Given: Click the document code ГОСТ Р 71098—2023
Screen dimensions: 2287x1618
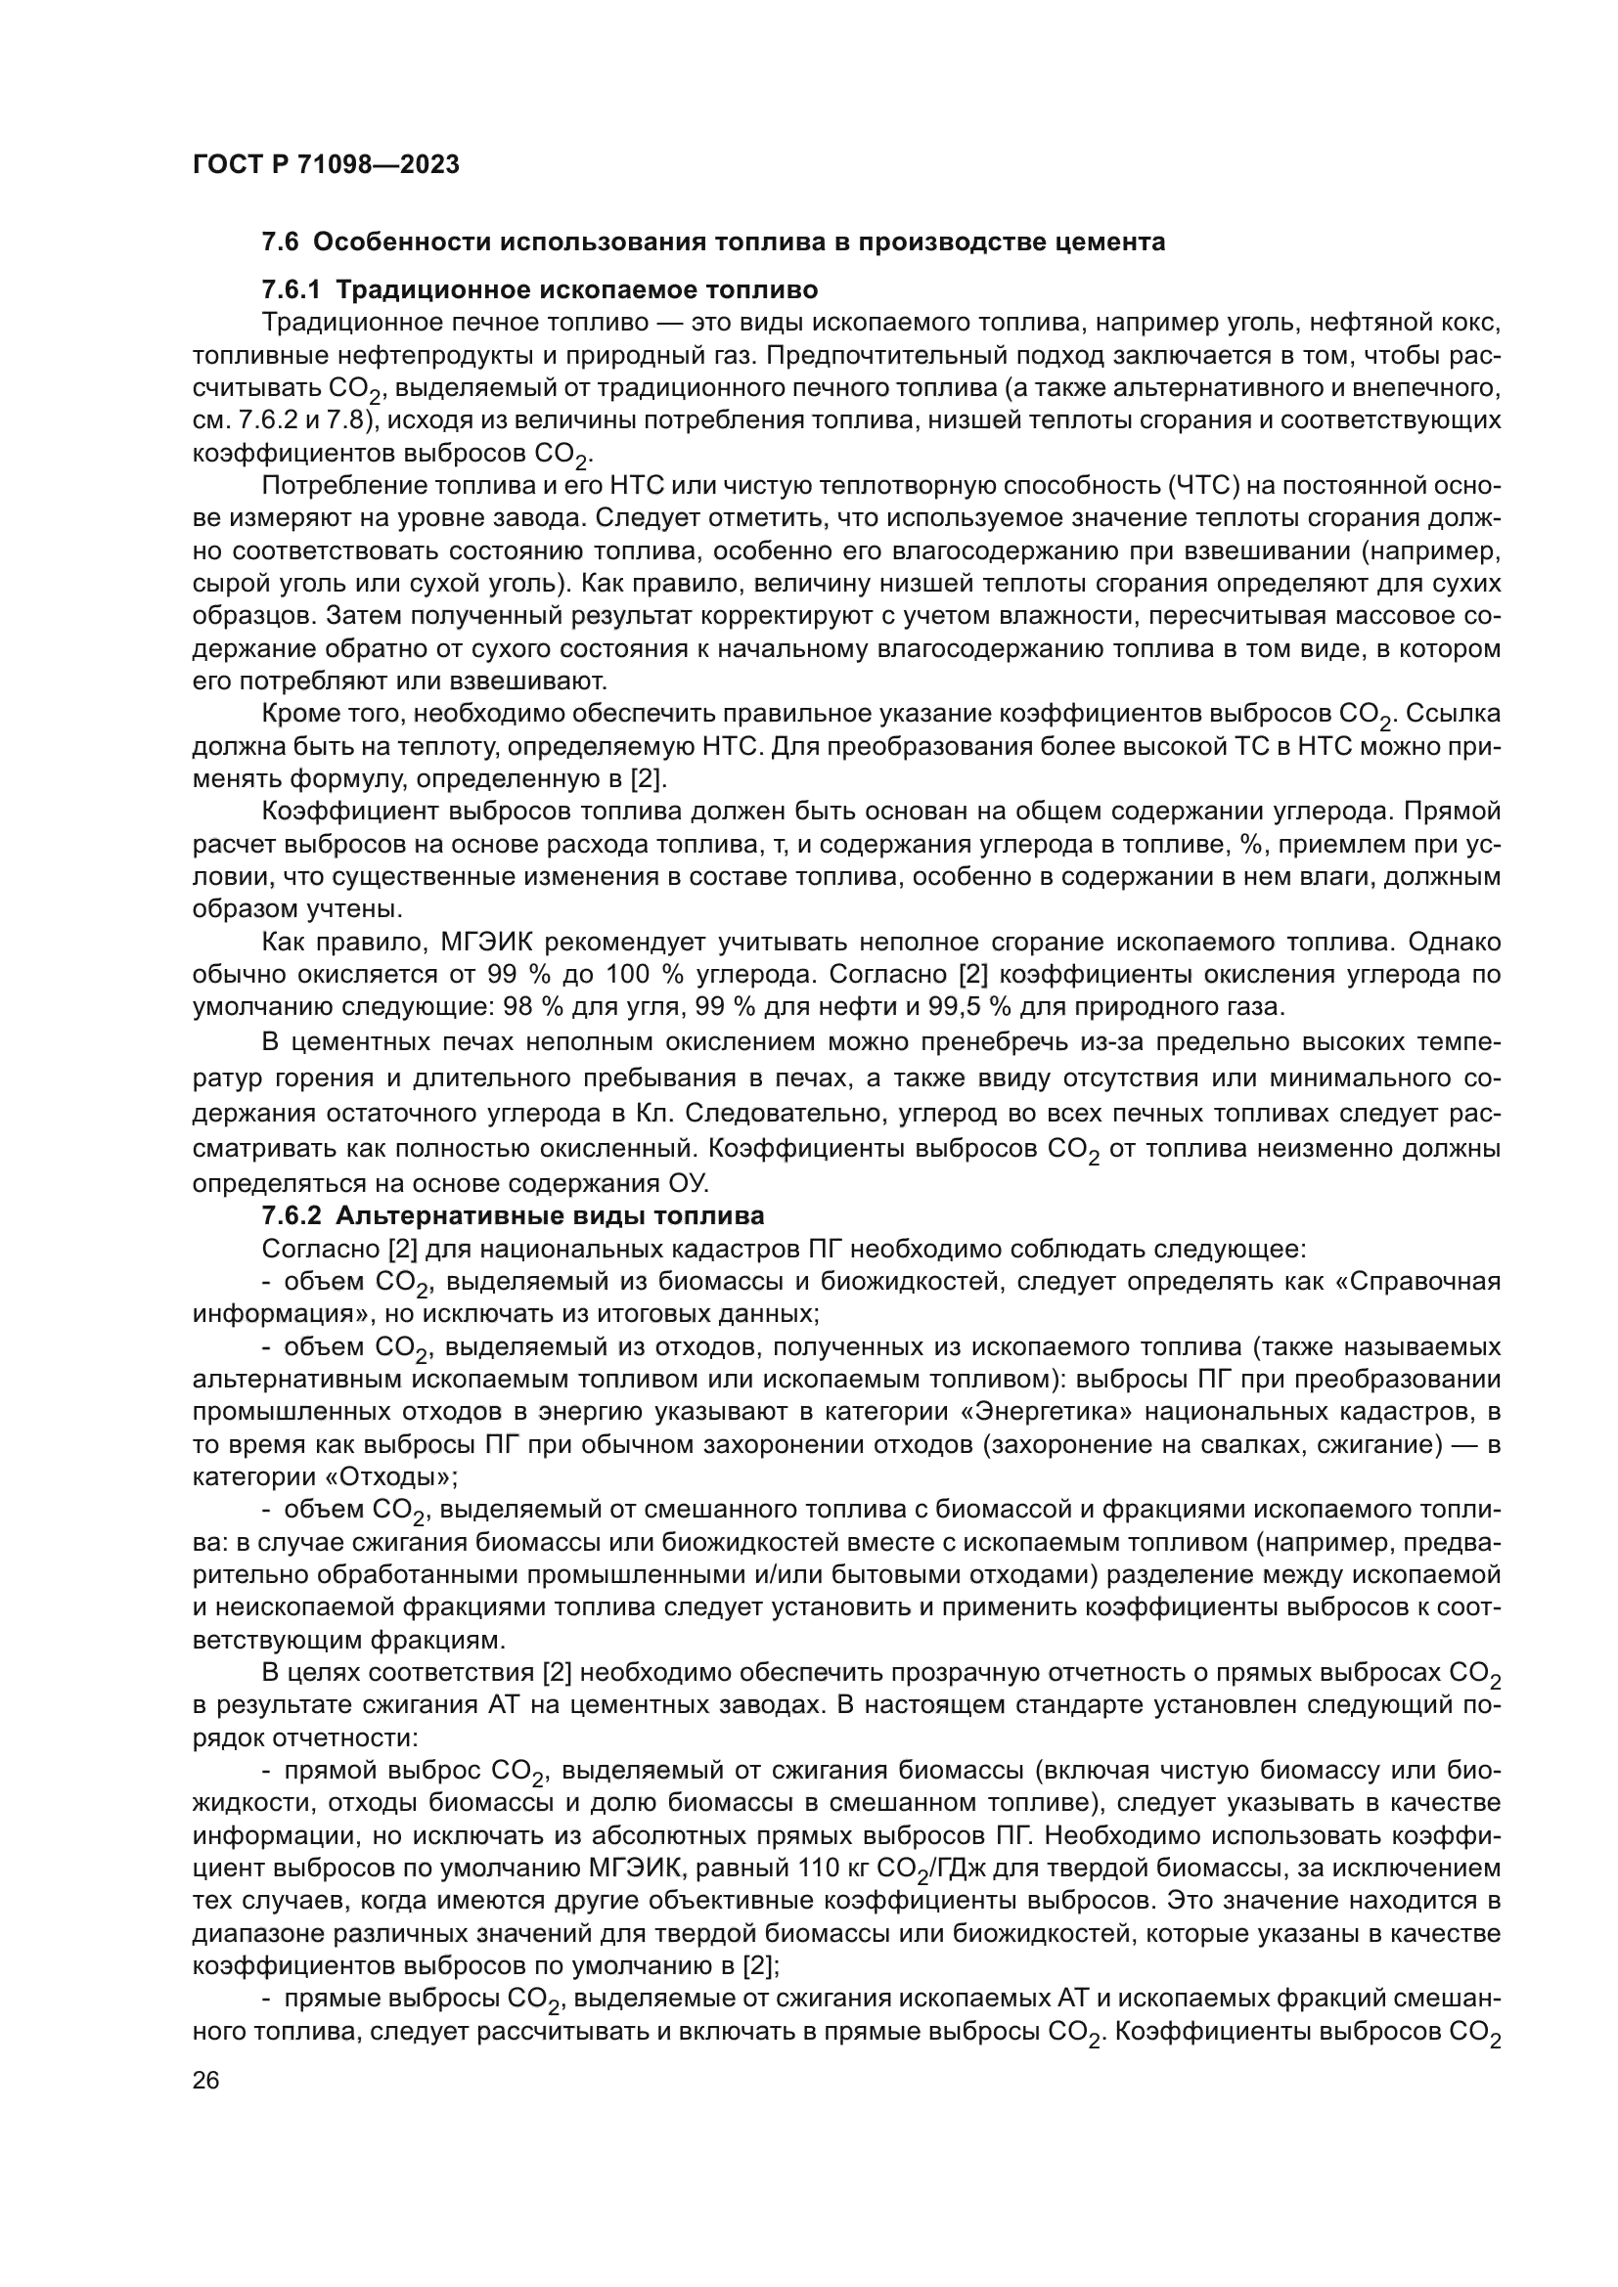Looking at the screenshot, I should pyautogui.click(x=326, y=164).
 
